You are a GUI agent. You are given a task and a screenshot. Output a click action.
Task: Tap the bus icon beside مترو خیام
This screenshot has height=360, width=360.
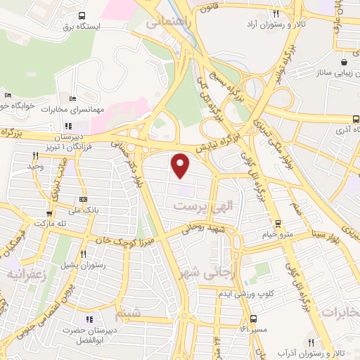(x=278, y=224)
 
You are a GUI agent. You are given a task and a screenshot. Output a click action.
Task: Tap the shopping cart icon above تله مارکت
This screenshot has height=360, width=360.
(x=49, y=214)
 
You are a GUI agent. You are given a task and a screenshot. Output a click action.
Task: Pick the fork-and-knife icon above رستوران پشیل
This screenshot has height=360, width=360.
(x=83, y=254)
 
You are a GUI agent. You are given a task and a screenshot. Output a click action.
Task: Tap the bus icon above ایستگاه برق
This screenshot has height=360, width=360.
(x=82, y=15)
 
